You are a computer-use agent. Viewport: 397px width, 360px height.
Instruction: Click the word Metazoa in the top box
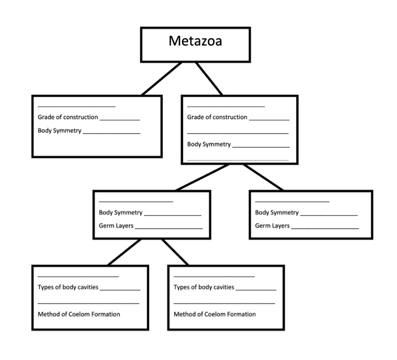196,41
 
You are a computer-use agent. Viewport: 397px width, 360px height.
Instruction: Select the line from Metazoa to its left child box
162,78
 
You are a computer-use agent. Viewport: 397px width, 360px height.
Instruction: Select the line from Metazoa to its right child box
209,78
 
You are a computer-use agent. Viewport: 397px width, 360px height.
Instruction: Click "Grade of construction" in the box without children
67,118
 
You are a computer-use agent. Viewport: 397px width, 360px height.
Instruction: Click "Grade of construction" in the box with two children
217,118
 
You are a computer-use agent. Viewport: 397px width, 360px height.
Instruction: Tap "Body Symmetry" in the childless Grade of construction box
60,131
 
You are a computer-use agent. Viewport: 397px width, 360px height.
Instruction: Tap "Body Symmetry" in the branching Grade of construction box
209,144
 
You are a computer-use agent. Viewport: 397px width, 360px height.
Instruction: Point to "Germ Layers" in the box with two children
115,226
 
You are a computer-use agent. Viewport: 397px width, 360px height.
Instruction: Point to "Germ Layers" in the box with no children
272,226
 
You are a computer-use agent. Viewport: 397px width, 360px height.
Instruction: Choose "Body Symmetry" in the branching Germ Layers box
121,213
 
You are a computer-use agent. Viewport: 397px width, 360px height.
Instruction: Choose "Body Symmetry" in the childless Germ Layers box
277,213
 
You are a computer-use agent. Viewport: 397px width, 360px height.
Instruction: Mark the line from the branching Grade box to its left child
202,177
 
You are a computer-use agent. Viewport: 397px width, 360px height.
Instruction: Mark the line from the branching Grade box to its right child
264,177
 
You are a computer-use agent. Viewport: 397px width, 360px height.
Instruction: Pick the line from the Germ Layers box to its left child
125,252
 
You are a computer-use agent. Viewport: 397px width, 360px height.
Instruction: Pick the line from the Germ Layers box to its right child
175,252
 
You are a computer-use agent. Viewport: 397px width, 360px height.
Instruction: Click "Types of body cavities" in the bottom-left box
67,287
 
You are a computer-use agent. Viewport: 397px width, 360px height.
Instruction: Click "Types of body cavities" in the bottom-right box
204,287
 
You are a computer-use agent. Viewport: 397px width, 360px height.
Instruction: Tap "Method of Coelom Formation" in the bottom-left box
79,314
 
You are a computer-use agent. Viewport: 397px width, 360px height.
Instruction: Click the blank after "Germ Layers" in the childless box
325,227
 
